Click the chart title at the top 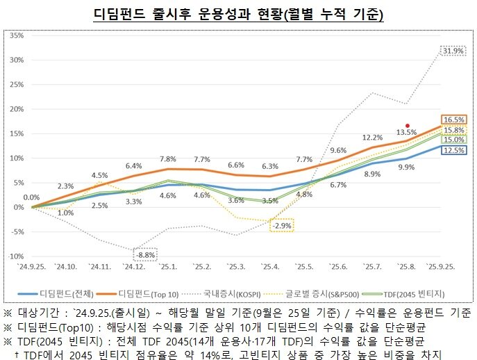tap(238, 14)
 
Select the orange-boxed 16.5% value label tap(454, 120)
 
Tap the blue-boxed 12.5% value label tap(454, 149)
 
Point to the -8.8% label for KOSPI tap(147, 254)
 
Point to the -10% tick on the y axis tap(15, 256)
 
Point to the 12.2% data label tap(373, 138)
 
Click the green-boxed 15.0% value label tap(454, 139)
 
